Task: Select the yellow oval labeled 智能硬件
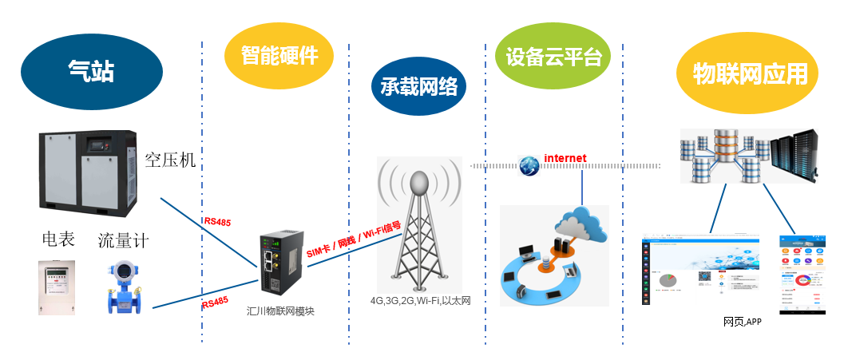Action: point(279,54)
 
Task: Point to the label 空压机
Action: point(170,160)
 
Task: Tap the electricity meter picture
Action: point(57,286)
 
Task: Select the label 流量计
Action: point(123,239)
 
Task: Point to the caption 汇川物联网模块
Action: point(280,311)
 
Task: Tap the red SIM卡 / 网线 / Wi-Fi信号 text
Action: point(355,240)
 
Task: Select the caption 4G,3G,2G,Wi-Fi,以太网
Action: point(420,301)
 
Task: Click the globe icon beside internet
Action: point(529,165)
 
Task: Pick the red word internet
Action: point(565,158)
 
